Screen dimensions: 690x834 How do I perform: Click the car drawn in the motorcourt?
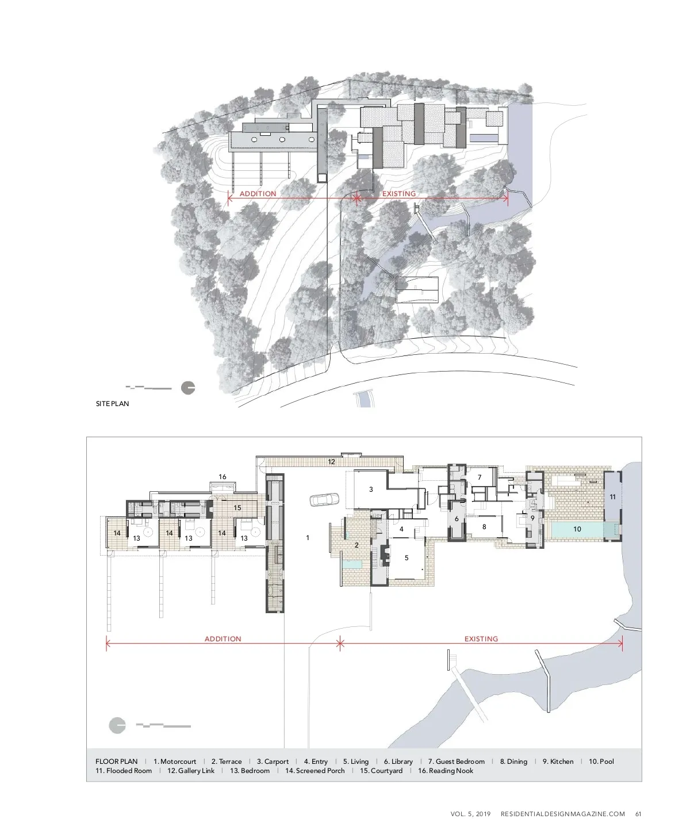(324, 500)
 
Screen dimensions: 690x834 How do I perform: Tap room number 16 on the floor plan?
(223, 476)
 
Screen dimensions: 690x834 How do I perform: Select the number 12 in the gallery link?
(331, 462)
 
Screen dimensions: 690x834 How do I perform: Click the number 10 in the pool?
(577, 529)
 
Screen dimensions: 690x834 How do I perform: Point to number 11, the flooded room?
(612, 497)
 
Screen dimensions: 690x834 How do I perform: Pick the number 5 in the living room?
(407, 557)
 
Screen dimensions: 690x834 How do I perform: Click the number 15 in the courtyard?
(237, 508)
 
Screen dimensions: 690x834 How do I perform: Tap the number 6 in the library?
(457, 519)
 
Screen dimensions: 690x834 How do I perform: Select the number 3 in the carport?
(371, 489)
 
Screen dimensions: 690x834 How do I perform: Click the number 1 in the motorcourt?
(308, 538)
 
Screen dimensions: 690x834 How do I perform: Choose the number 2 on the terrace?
(356, 545)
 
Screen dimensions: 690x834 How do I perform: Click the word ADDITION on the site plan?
(258, 194)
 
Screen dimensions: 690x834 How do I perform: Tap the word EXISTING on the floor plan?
(481, 639)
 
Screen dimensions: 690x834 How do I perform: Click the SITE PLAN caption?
(112, 404)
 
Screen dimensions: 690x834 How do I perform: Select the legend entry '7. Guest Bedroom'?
(457, 762)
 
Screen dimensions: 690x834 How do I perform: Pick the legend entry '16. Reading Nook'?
(446, 771)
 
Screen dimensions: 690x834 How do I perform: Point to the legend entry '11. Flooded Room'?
(124, 771)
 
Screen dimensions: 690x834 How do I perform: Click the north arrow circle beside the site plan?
(188, 388)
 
